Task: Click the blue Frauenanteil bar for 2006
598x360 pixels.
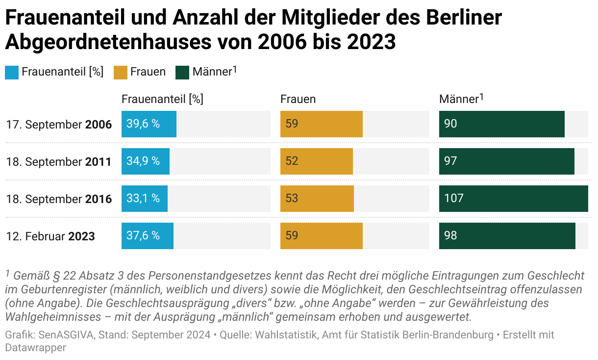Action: click(149, 124)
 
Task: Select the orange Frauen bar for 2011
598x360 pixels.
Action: click(317, 161)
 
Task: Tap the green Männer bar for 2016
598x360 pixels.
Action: click(513, 199)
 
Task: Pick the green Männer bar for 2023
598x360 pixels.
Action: click(507, 236)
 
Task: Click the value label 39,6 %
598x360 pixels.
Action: click(143, 124)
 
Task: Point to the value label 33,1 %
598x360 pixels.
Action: click(143, 199)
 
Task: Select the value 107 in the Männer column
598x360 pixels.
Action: click(454, 199)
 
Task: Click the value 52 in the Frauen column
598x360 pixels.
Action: click(292, 161)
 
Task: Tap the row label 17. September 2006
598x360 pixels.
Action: click(59, 125)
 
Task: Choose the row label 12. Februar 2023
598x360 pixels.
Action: click(50, 236)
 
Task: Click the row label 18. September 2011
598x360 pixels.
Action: click(59, 162)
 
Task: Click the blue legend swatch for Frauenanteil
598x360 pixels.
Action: click(12, 72)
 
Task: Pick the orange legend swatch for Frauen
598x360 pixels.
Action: click(121, 72)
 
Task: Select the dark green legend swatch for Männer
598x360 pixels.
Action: click(182, 72)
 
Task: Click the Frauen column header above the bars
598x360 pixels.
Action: click(298, 99)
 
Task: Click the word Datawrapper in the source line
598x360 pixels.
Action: click(35, 348)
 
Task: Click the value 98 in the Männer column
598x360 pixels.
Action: click(450, 236)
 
